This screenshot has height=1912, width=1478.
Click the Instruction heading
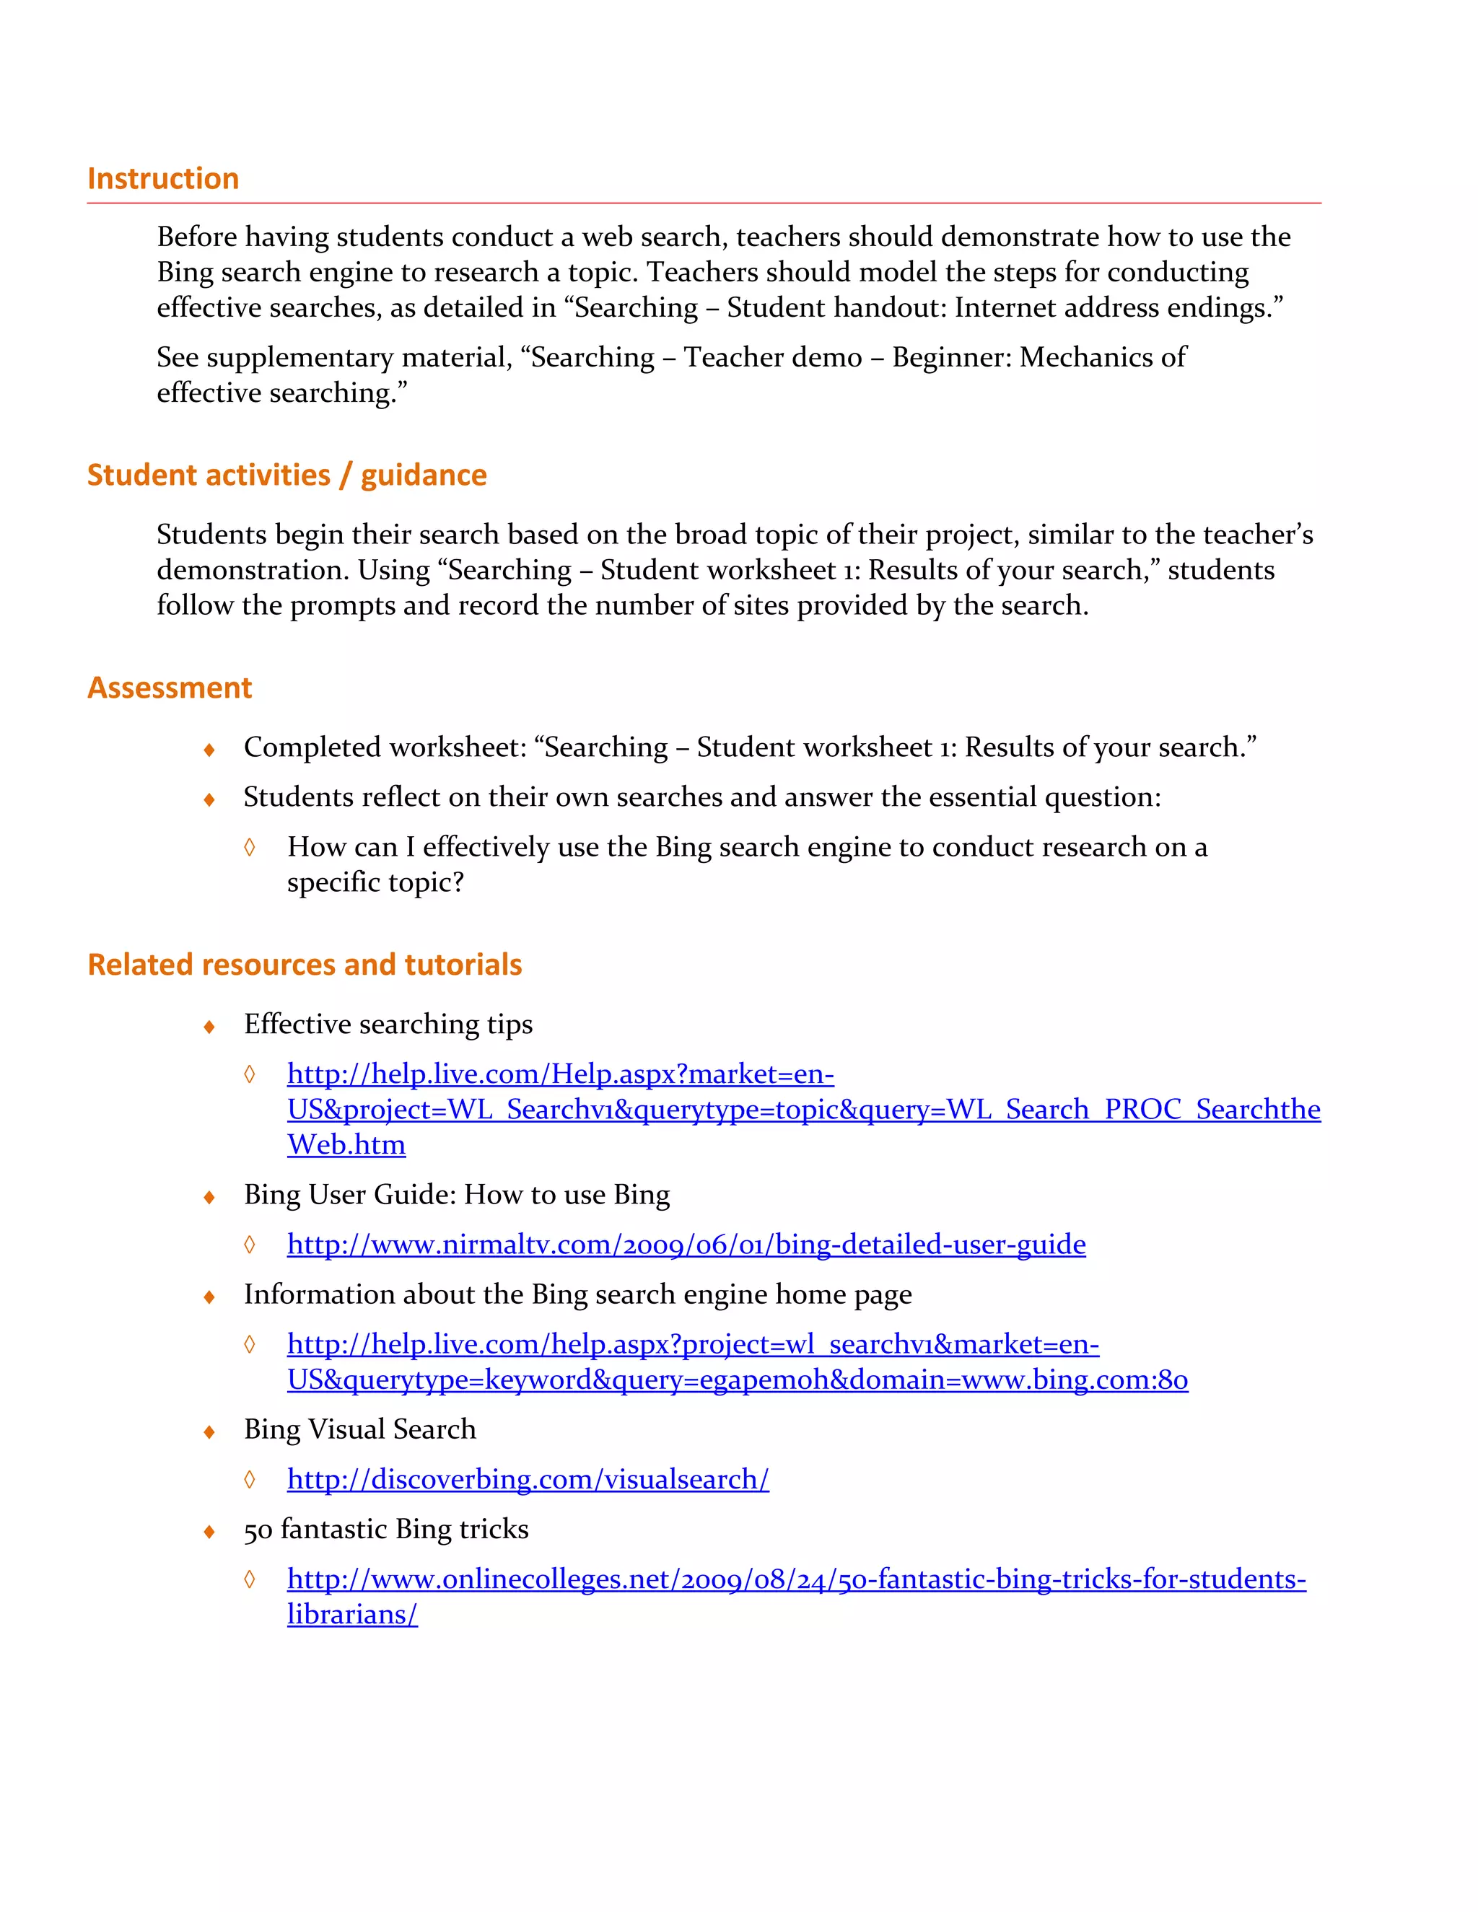tap(163, 179)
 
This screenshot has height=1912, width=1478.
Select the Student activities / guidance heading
tap(287, 475)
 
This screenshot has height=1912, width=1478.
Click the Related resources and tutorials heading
tap(305, 964)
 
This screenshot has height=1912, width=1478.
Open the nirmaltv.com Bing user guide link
tap(686, 1244)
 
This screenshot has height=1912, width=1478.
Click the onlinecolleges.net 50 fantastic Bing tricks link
tap(796, 1579)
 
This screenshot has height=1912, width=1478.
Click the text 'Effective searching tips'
tap(388, 1023)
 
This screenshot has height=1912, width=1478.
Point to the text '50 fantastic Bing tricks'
tap(386, 1529)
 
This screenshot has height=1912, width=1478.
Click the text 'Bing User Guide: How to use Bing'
tap(456, 1194)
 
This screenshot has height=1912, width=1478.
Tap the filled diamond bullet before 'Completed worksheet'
tap(209, 750)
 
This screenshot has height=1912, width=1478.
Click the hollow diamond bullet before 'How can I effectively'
tap(250, 846)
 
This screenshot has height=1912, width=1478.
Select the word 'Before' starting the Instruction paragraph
tap(198, 237)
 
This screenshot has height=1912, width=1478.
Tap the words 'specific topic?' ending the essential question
tap(375, 882)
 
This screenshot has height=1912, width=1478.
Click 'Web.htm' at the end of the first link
tap(346, 1144)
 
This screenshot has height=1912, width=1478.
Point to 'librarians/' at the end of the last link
tap(352, 1613)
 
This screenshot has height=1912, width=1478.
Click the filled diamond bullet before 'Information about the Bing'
tap(209, 1297)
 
